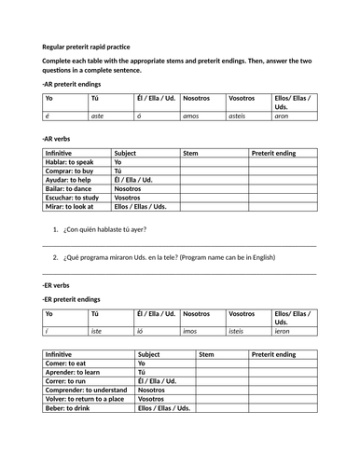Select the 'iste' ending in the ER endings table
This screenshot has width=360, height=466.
click(97, 331)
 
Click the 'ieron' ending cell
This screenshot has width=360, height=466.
click(284, 331)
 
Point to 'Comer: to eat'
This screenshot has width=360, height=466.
click(64, 363)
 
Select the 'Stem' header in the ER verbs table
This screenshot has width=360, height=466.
click(206, 354)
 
